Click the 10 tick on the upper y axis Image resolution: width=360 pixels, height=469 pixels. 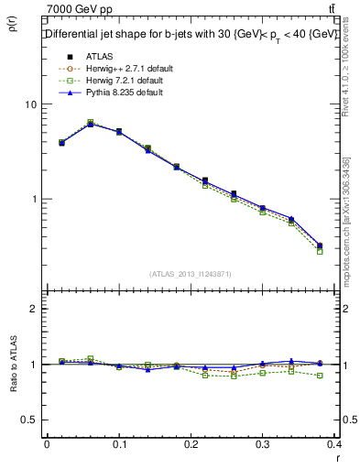click(30, 104)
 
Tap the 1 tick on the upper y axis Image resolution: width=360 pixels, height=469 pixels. click(33, 199)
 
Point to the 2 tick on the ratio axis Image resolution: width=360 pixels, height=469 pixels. click(33, 309)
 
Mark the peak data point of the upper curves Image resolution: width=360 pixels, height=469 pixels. click(90, 123)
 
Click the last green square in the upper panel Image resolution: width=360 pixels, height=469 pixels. click(320, 251)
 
